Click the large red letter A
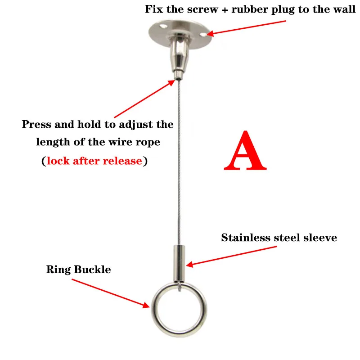click(x=245, y=150)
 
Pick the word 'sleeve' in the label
click(x=320, y=238)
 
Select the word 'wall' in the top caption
click(x=344, y=9)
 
